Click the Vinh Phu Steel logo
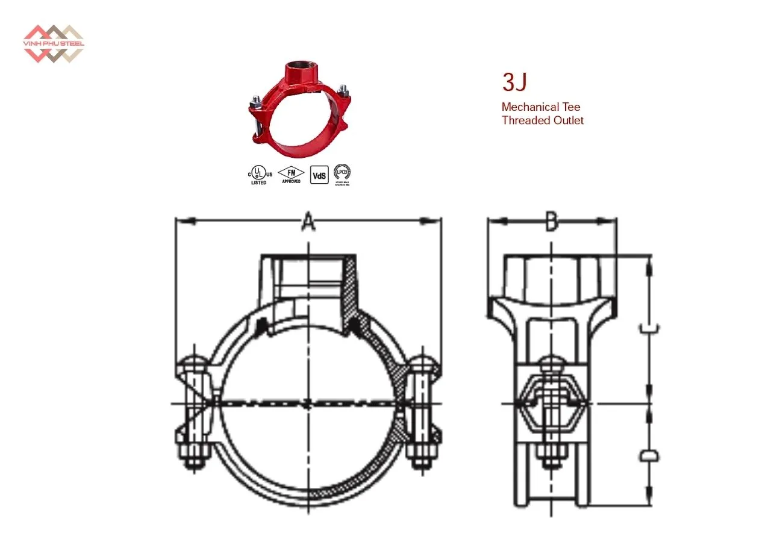(53, 43)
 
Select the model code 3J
(515, 83)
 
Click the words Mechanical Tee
(540, 107)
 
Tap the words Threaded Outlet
(542, 120)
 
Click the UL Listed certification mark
(259, 174)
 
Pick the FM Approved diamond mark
(292, 173)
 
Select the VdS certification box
(319, 175)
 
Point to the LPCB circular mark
(342, 173)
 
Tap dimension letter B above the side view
(552, 222)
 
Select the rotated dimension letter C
(649, 328)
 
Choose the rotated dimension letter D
(649, 455)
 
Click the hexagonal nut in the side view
(551, 397)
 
